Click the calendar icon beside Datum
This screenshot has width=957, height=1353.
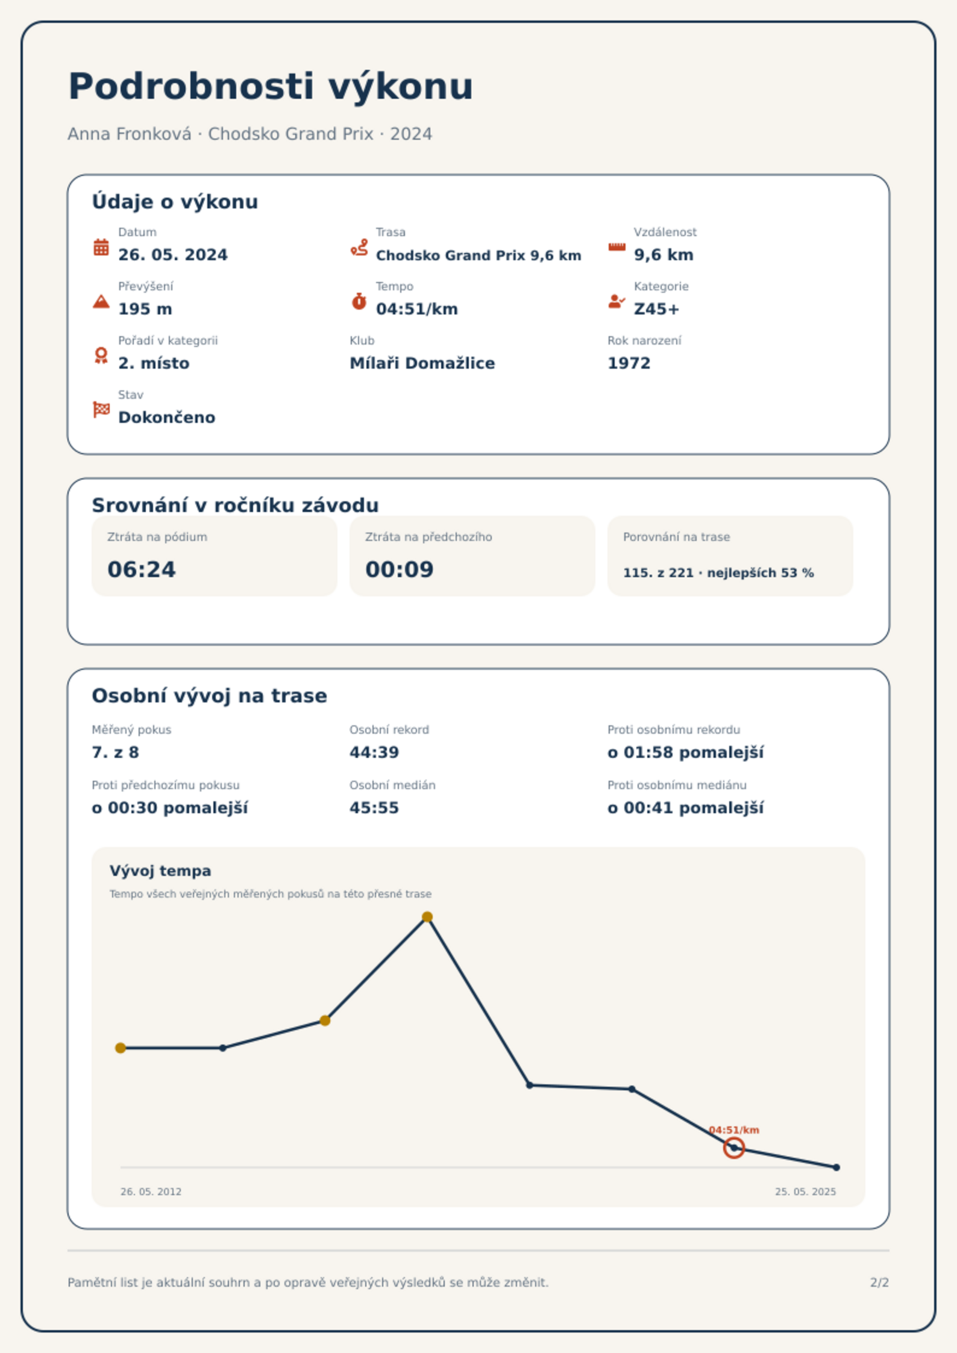pyautogui.click(x=101, y=247)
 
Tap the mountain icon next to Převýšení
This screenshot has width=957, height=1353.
pyautogui.click(x=101, y=301)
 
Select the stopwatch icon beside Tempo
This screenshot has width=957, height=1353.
pyautogui.click(x=359, y=301)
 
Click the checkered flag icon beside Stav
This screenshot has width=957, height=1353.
pyautogui.click(x=101, y=410)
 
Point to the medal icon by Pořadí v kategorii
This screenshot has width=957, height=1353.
pyautogui.click(x=101, y=355)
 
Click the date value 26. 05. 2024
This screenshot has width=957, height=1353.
pyautogui.click(x=173, y=255)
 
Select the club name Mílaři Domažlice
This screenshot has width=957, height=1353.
pyautogui.click(x=422, y=363)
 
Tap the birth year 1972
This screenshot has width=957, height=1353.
pyautogui.click(x=629, y=363)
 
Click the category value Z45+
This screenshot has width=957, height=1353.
pyautogui.click(x=656, y=309)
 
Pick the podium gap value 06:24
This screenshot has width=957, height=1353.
pyautogui.click(x=142, y=569)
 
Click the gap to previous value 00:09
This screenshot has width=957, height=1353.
pyautogui.click(x=400, y=569)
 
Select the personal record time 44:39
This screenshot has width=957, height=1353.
pyautogui.click(x=374, y=752)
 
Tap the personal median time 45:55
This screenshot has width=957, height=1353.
pyautogui.click(x=374, y=808)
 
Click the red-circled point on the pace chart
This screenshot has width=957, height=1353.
pyautogui.click(x=734, y=1148)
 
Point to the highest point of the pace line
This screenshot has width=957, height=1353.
pyautogui.click(x=427, y=917)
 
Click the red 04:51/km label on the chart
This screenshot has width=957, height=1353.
pyautogui.click(x=734, y=1130)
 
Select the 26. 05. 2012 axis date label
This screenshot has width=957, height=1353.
pyautogui.click(x=151, y=1192)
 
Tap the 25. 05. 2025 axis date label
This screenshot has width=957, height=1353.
pyautogui.click(x=805, y=1192)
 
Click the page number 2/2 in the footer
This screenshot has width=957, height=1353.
pyautogui.click(x=879, y=1283)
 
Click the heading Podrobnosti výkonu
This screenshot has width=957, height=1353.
pyautogui.click(x=271, y=86)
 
